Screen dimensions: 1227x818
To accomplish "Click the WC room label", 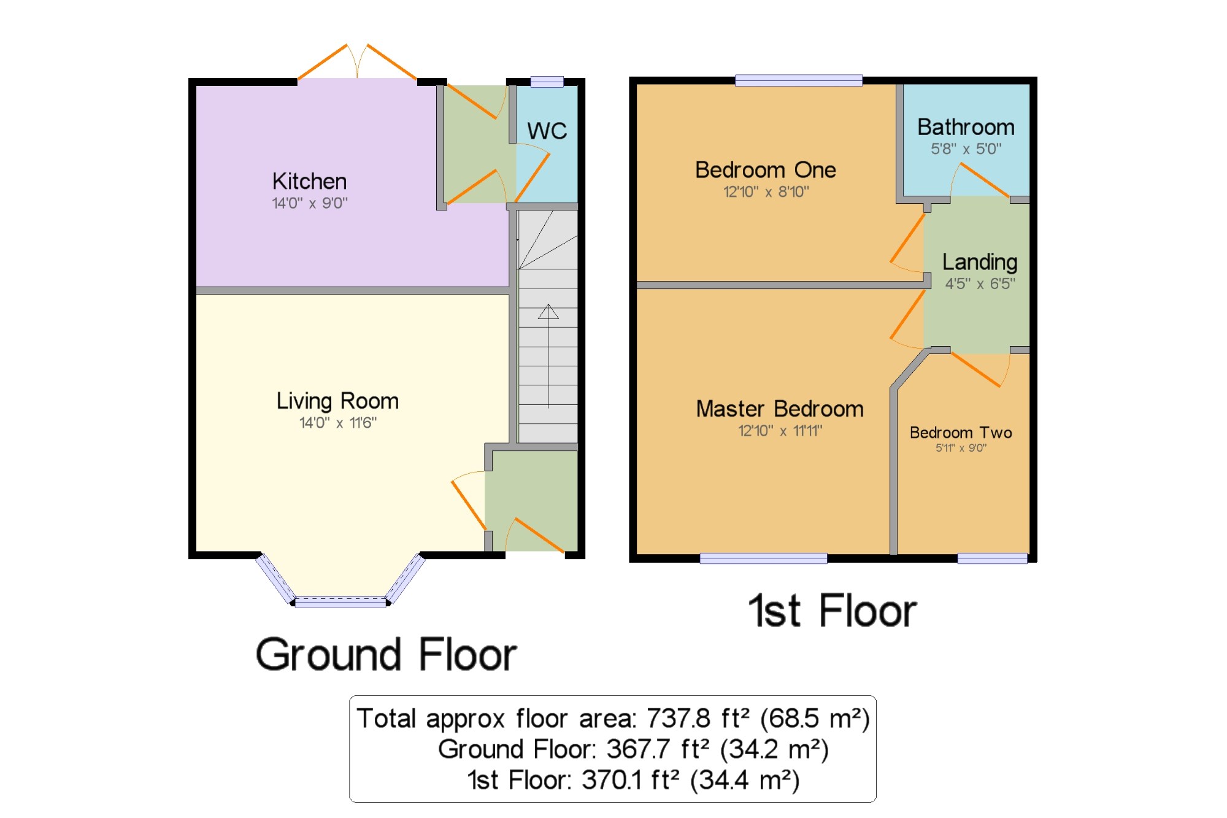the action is point(547,131).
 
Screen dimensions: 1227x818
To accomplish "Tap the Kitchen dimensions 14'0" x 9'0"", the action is point(310,203).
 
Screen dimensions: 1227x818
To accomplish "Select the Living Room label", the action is point(337,401).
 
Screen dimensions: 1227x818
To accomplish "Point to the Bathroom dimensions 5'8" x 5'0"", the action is point(966,149).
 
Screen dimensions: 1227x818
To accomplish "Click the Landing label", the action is point(980,262).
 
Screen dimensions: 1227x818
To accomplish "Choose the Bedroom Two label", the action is point(961,433).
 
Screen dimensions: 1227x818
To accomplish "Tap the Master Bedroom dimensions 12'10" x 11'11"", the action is point(780,431).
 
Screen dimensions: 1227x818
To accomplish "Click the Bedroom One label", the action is point(766,170).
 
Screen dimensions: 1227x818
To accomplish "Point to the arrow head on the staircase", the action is point(548,312).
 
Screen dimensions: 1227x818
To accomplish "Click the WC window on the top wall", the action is point(547,82).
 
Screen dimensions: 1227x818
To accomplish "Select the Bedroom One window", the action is point(799,80).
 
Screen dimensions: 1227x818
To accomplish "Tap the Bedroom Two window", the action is point(993,558).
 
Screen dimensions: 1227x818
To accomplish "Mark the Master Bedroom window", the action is point(763,558).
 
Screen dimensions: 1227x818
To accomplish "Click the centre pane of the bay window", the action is point(340,602).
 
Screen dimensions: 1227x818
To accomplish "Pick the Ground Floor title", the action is point(387,655).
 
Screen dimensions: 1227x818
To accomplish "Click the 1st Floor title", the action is point(833,611).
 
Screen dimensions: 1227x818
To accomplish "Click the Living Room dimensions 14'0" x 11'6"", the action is point(338,423).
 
